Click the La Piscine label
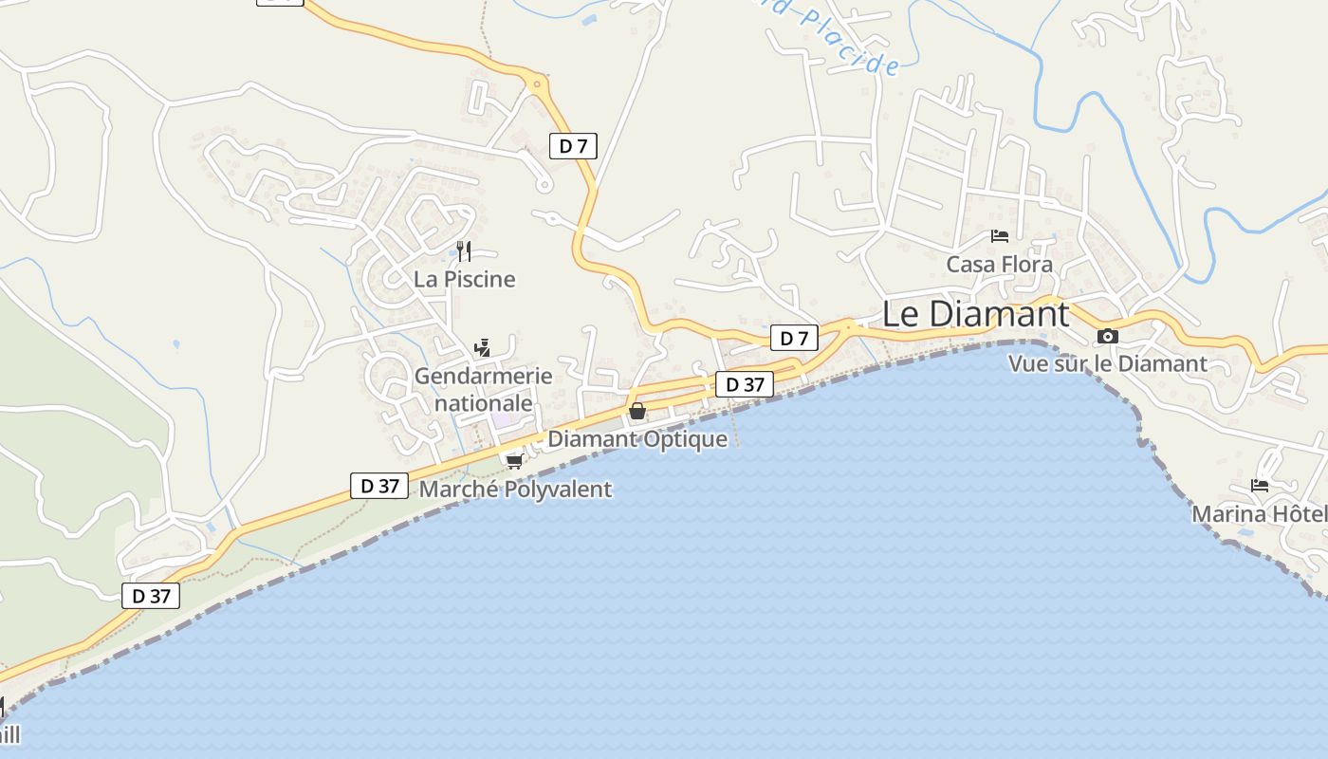tap(465, 279)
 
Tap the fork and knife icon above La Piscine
tap(464, 251)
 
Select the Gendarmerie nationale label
tap(483, 389)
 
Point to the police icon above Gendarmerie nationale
tap(483, 347)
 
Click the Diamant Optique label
tap(637, 439)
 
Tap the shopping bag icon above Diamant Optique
tap(637, 412)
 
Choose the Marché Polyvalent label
tap(515, 490)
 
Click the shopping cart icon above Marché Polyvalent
tap(515, 461)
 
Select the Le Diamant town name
tap(975, 314)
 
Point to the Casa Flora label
tap(1000, 264)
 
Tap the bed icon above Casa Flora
tap(1000, 236)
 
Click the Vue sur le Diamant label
tap(1107, 363)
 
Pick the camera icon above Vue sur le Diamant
tap(1107, 336)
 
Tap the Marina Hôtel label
tap(1259, 513)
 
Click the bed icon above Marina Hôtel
tap(1260, 486)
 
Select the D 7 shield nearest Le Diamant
tap(794, 338)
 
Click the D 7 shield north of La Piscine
tap(574, 146)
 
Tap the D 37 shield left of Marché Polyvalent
tap(379, 486)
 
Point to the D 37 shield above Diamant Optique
tap(745, 384)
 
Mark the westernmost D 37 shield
tap(151, 596)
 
